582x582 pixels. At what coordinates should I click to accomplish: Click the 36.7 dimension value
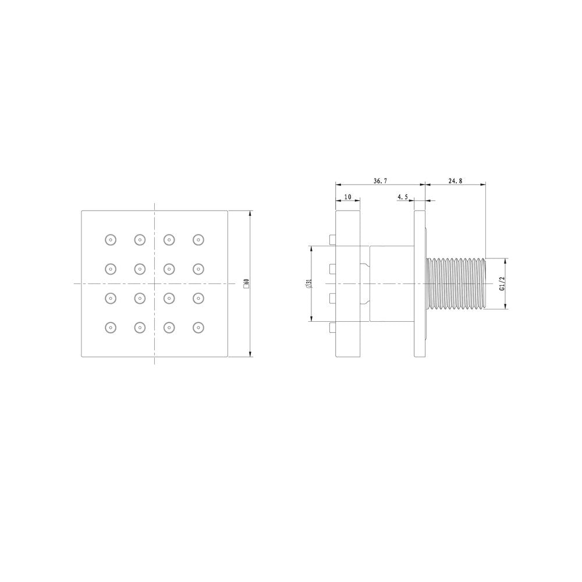click(x=380, y=181)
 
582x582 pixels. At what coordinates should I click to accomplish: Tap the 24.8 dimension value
click(x=456, y=181)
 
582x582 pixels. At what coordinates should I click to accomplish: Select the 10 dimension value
click(x=348, y=197)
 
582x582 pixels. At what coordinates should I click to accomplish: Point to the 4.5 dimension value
click(x=403, y=197)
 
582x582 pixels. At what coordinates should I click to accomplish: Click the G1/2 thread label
click(x=503, y=283)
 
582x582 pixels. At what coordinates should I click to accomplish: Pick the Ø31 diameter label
click(x=309, y=284)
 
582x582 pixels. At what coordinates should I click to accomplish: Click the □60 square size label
click(x=246, y=283)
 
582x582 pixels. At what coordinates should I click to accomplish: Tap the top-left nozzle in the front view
click(x=111, y=240)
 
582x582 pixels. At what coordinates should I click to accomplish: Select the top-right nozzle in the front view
click(x=198, y=240)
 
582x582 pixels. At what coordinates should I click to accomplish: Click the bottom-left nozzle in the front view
click(x=111, y=327)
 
